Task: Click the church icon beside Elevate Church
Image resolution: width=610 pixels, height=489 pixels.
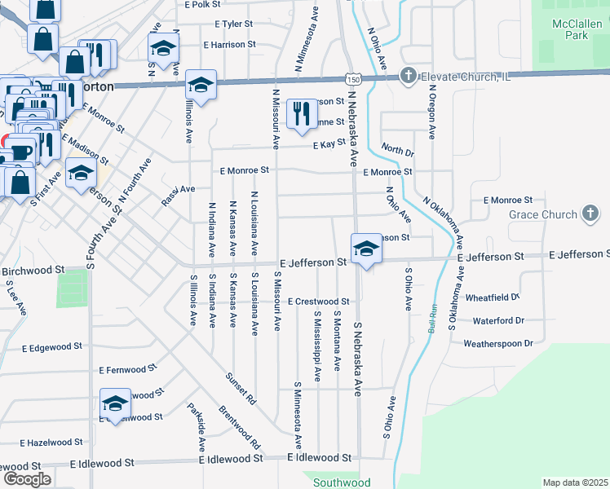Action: pyautogui.click(x=408, y=77)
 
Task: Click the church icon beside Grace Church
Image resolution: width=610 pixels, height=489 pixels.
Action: pyautogui.click(x=590, y=214)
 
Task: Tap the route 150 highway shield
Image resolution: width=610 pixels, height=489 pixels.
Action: pyautogui.click(x=352, y=79)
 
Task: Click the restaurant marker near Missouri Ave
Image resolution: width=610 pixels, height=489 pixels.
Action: pyautogui.click(x=302, y=113)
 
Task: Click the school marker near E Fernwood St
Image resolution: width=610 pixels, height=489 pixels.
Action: pyautogui.click(x=116, y=403)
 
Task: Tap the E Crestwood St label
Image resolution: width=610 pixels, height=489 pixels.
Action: pyautogui.click(x=317, y=302)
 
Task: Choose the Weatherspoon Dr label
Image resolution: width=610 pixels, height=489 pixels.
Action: pyautogui.click(x=497, y=343)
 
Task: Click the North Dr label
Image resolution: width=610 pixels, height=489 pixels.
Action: pyautogui.click(x=397, y=151)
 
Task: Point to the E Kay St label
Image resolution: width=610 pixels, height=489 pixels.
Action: pyautogui.click(x=329, y=143)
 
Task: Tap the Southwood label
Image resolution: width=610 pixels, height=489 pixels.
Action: pyautogui.click(x=342, y=482)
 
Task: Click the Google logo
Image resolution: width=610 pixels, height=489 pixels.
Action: pyautogui.click(x=26, y=479)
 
